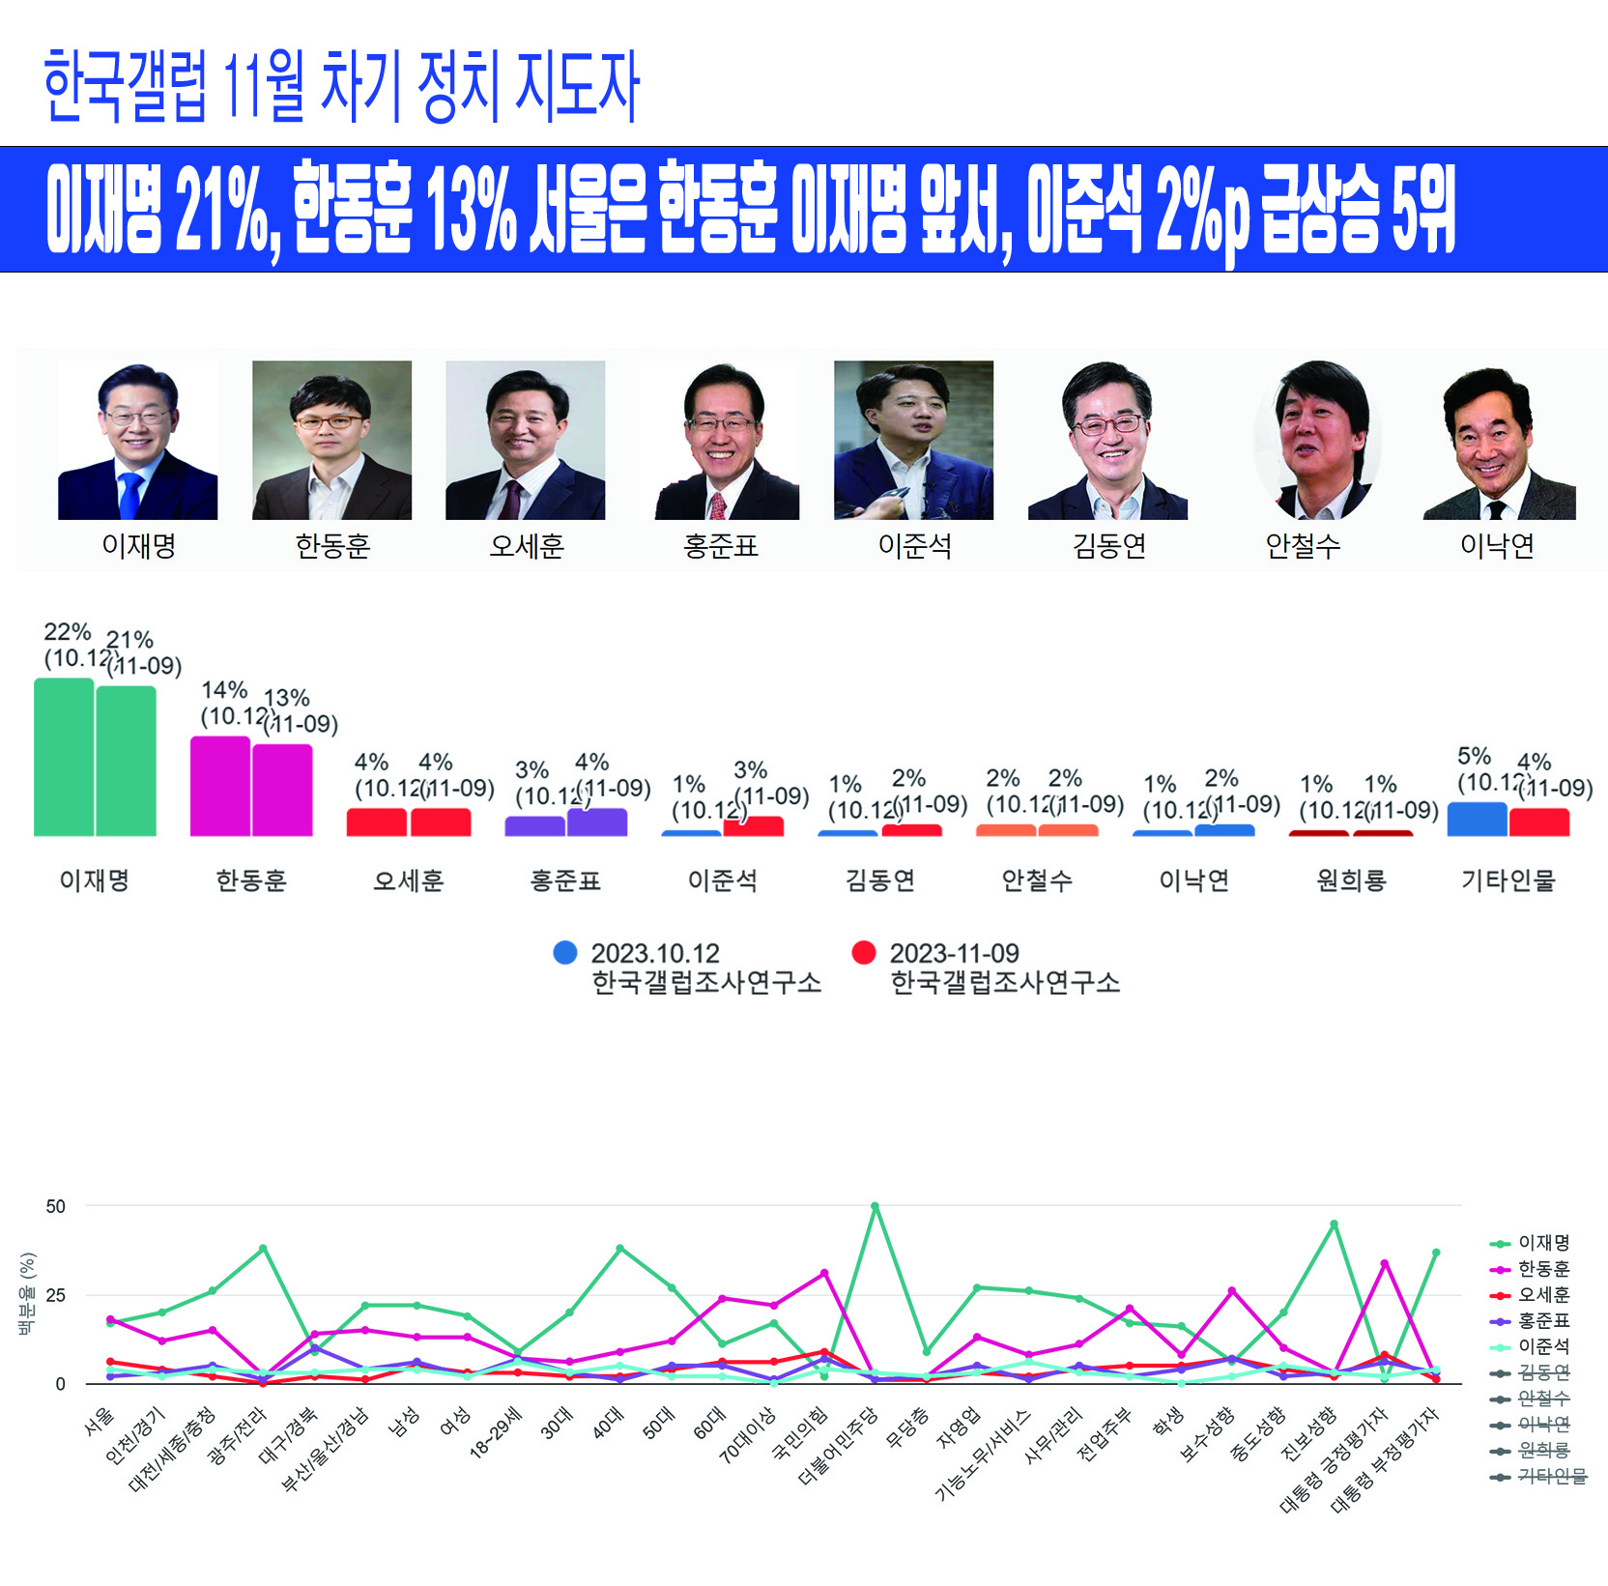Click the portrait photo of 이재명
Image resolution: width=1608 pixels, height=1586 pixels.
(x=137, y=440)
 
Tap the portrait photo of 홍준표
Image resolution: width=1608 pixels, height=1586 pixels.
(x=721, y=441)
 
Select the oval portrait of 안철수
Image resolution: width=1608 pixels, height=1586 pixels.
(x=1317, y=441)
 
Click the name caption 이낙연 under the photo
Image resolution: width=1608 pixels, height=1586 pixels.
(x=1497, y=547)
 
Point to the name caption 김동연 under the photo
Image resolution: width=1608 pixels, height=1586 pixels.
(x=1108, y=547)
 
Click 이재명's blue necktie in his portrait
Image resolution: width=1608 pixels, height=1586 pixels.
(x=129, y=495)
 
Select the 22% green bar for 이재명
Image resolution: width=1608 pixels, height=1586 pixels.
(x=64, y=757)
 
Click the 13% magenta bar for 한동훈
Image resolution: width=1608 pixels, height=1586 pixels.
(x=282, y=790)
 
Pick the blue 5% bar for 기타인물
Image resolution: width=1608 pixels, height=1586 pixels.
(x=1477, y=819)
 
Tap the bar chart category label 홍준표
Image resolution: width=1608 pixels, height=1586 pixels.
(x=565, y=880)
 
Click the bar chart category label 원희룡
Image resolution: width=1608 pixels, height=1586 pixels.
(x=1351, y=880)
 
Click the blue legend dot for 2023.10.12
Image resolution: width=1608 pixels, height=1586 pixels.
(x=565, y=953)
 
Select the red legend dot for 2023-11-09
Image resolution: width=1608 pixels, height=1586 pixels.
(x=864, y=953)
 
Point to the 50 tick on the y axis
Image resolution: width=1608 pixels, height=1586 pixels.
(x=56, y=1206)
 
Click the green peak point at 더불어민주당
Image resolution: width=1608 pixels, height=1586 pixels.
(x=875, y=1206)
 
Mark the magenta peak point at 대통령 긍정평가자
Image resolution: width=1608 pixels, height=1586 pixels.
(x=1385, y=1263)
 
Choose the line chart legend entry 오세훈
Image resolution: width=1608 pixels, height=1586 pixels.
(x=1543, y=1295)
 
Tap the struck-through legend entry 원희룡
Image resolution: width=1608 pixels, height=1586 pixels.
(x=1543, y=1451)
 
